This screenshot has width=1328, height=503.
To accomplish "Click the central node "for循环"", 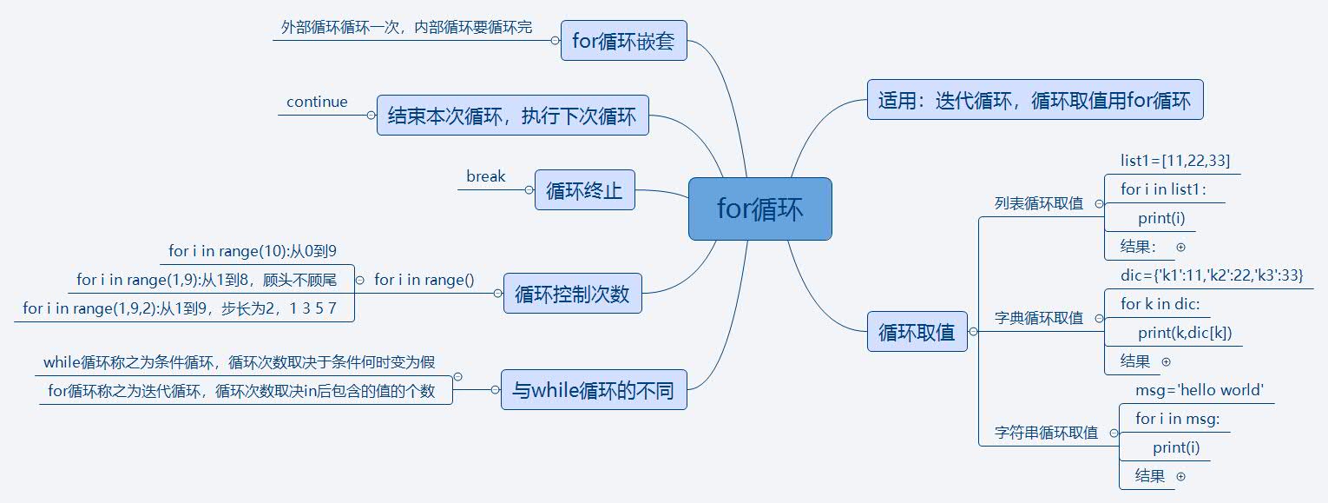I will tap(759, 209).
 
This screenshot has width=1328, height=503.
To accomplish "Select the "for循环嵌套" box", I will tap(623, 41).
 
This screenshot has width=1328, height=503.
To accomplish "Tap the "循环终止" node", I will tap(584, 190).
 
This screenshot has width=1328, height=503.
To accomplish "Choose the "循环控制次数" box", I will tap(572, 295).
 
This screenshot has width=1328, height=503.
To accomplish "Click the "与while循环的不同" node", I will tap(594, 390).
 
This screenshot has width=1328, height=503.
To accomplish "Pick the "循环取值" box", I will tap(917, 332).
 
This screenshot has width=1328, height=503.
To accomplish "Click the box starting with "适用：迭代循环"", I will tap(1034, 101).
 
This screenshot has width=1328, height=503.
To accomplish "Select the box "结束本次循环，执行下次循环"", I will tap(512, 116).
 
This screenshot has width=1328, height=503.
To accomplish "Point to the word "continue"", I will tap(317, 102).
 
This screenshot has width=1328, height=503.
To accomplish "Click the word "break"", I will tap(485, 176).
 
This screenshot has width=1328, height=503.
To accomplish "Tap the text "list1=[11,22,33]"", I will tap(1175, 161).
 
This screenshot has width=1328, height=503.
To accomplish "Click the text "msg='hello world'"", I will tap(1199, 390).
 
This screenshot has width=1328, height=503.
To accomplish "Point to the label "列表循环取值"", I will tap(1039, 203).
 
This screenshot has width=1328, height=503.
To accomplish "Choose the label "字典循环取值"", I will tap(1039, 318).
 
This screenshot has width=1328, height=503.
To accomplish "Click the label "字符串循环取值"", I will tap(1046, 433).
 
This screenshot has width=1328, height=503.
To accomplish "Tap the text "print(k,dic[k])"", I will tap(1185, 333).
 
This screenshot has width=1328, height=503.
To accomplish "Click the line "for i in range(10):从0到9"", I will tap(253, 251).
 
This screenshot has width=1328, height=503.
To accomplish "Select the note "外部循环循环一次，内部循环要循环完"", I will tap(406, 27).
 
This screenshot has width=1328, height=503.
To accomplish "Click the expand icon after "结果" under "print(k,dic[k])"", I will tap(1166, 361).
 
